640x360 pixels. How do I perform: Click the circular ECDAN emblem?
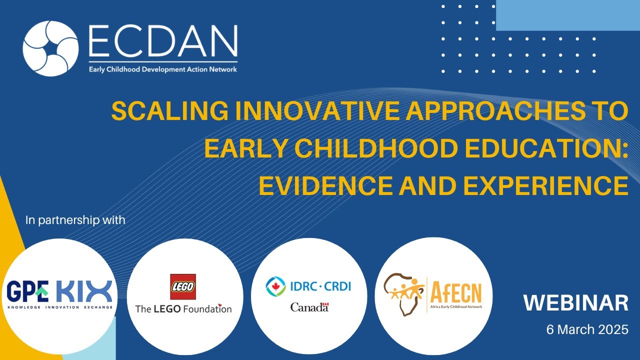coord(50,48)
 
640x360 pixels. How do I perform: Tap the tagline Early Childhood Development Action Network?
coord(163,69)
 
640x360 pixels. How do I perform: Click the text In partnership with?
coord(75,219)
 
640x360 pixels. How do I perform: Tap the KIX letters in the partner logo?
coord(84,291)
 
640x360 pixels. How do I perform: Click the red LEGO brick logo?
coord(183,286)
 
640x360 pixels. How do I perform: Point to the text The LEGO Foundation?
coord(183,308)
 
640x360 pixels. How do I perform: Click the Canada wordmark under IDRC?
coord(309,307)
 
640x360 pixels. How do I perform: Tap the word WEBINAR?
coord(575,303)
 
